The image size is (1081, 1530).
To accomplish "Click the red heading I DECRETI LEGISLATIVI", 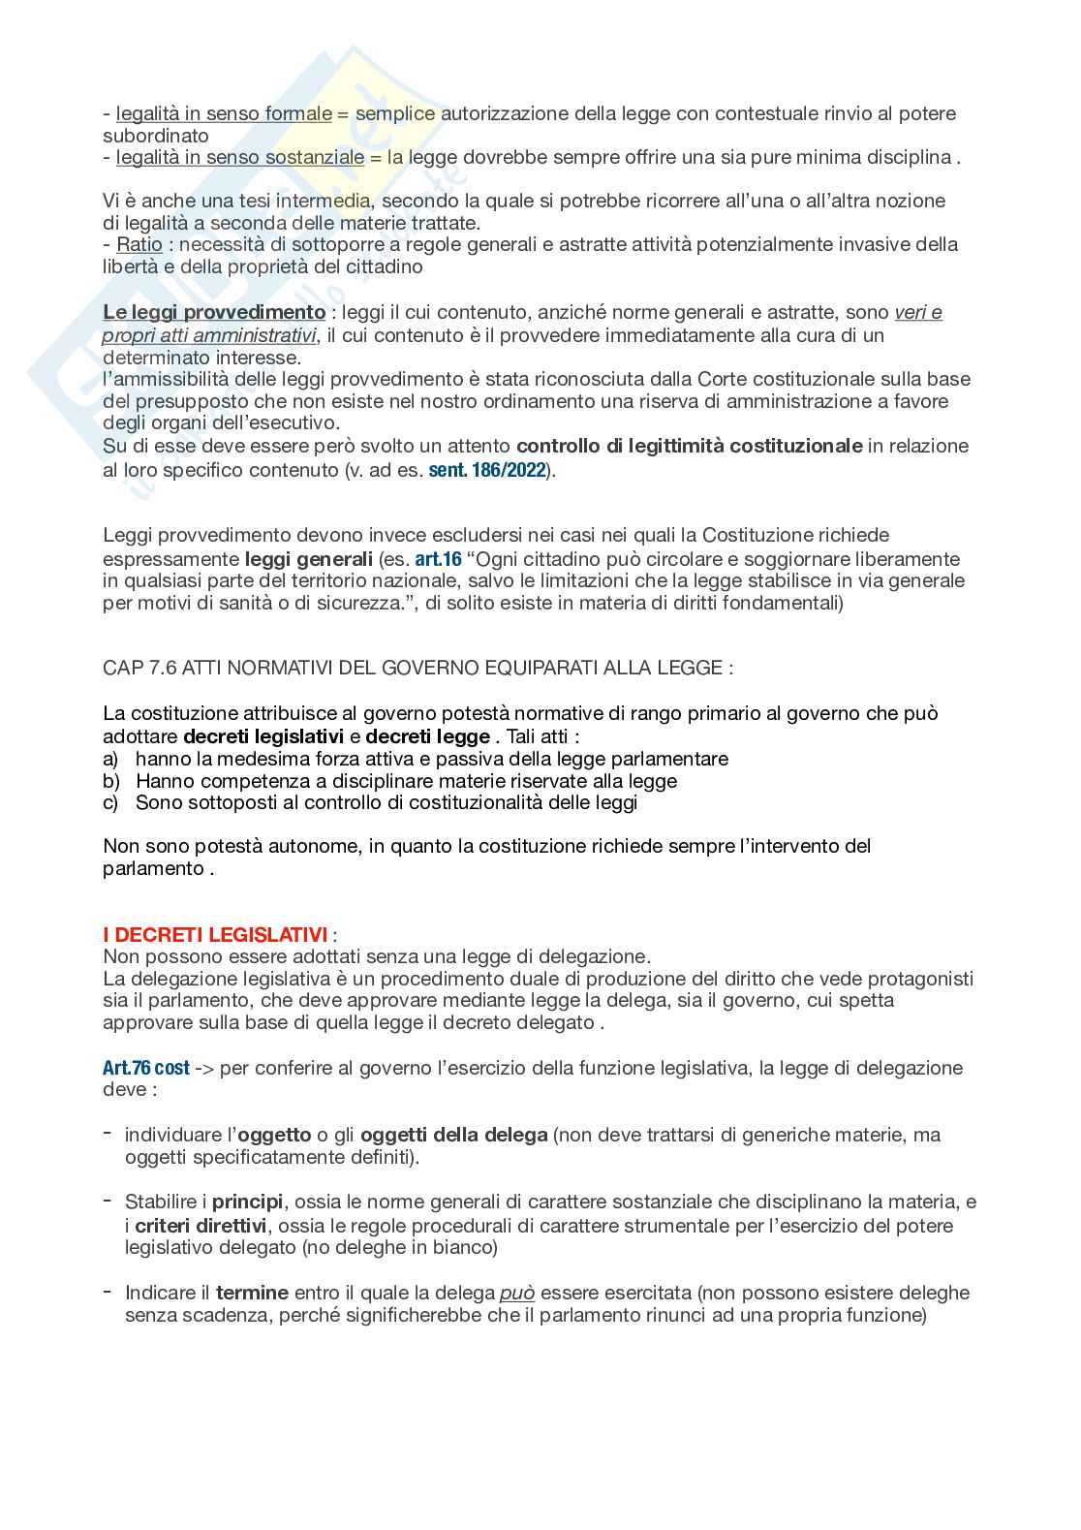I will point(215,935).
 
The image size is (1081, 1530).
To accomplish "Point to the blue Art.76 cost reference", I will point(145,1068).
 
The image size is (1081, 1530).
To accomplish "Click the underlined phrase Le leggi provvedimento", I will point(214,312).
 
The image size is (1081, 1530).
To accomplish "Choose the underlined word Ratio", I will point(139,244).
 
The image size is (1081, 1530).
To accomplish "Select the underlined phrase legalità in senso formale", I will point(224,113).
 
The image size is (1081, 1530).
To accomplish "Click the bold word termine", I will point(252,1293).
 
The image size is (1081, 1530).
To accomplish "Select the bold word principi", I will point(248,1202).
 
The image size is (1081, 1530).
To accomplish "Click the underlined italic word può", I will point(517,1293).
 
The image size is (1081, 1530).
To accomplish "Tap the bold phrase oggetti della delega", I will point(454,1135).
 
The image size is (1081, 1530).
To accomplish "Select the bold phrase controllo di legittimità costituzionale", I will point(690,446).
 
